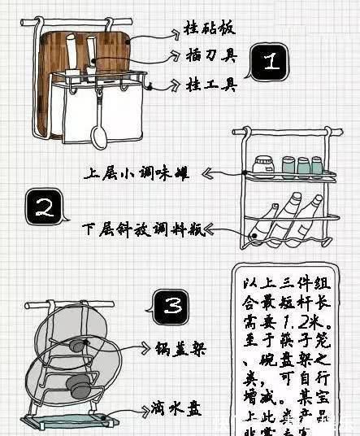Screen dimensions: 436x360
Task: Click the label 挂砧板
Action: pyautogui.click(x=210, y=29)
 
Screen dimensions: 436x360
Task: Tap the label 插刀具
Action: pyautogui.click(x=210, y=55)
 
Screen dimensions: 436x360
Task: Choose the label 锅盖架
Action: pyautogui.click(x=180, y=350)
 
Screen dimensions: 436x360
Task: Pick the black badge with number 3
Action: pyautogui.click(x=171, y=307)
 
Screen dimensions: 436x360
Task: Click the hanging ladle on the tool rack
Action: pyautogui.click(x=98, y=130)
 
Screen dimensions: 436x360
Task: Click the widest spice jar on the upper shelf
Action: pyautogui.click(x=262, y=165)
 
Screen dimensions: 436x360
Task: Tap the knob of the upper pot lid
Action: pyautogui.click(x=76, y=347)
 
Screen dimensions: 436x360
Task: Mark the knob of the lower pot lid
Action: pyautogui.click(x=80, y=388)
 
